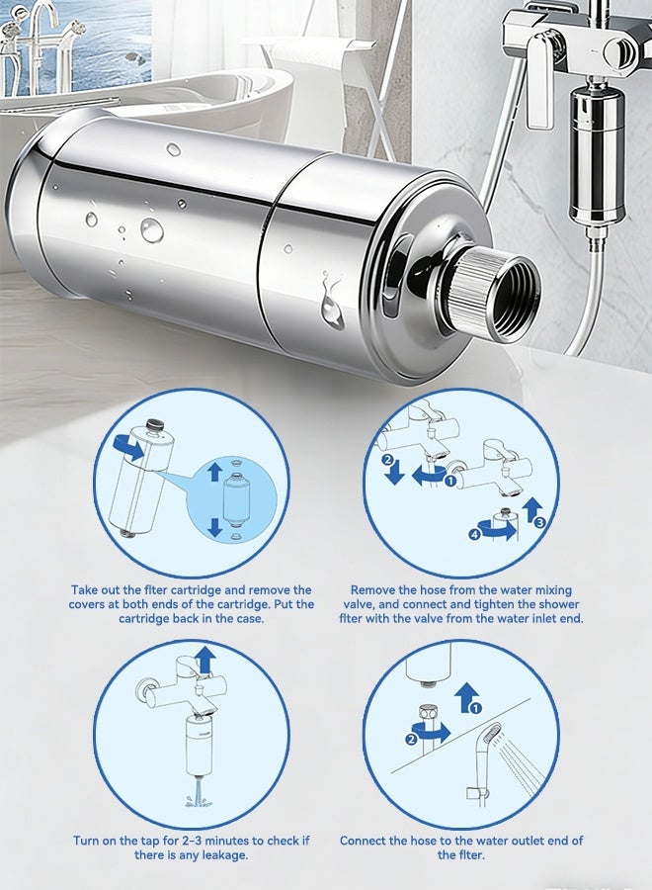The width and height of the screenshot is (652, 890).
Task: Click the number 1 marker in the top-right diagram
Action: coord(451,482)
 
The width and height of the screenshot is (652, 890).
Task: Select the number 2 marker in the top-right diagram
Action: coord(388,460)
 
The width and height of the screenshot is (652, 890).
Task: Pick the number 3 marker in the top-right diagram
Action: coord(539,522)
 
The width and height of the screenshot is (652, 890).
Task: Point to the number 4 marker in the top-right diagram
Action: coord(474,534)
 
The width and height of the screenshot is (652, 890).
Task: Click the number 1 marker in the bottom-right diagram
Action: coord(476,708)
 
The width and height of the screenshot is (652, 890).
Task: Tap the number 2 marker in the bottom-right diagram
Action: coord(412,739)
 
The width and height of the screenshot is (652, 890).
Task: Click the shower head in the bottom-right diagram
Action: coord(492,739)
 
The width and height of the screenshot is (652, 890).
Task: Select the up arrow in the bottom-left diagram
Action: coord(205,659)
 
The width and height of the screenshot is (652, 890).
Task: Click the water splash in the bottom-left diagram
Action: coord(198,796)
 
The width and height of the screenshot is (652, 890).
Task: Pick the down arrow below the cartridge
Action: coord(214,527)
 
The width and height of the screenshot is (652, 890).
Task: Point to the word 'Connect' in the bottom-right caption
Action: coord(364,841)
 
